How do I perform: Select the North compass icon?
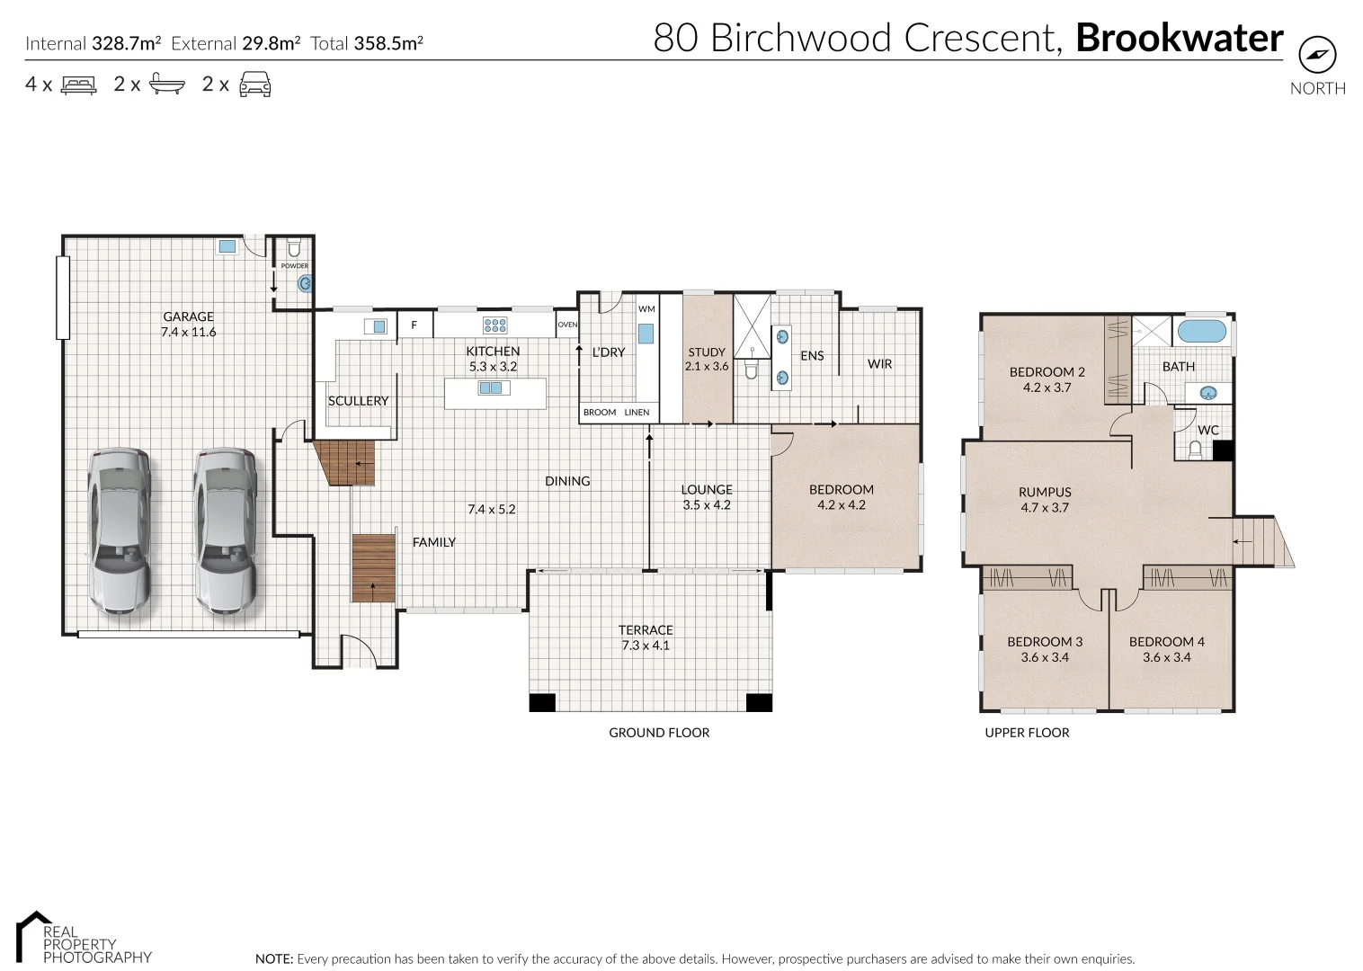click(1317, 56)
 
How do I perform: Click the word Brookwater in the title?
click(1179, 39)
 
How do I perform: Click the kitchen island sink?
click(491, 388)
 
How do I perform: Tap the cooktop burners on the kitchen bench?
click(494, 325)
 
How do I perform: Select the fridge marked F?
click(414, 325)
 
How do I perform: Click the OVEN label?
click(567, 325)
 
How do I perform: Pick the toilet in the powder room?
click(293, 249)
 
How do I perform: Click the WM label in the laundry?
click(646, 309)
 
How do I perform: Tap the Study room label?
click(707, 352)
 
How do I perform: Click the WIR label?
click(879, 363)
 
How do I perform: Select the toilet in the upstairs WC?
click(1196, 450)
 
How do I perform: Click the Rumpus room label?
click(1045, 492)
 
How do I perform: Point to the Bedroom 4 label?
click(1166, 642)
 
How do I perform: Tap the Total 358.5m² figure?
click(367, 43)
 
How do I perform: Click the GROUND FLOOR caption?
click(659, 733)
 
